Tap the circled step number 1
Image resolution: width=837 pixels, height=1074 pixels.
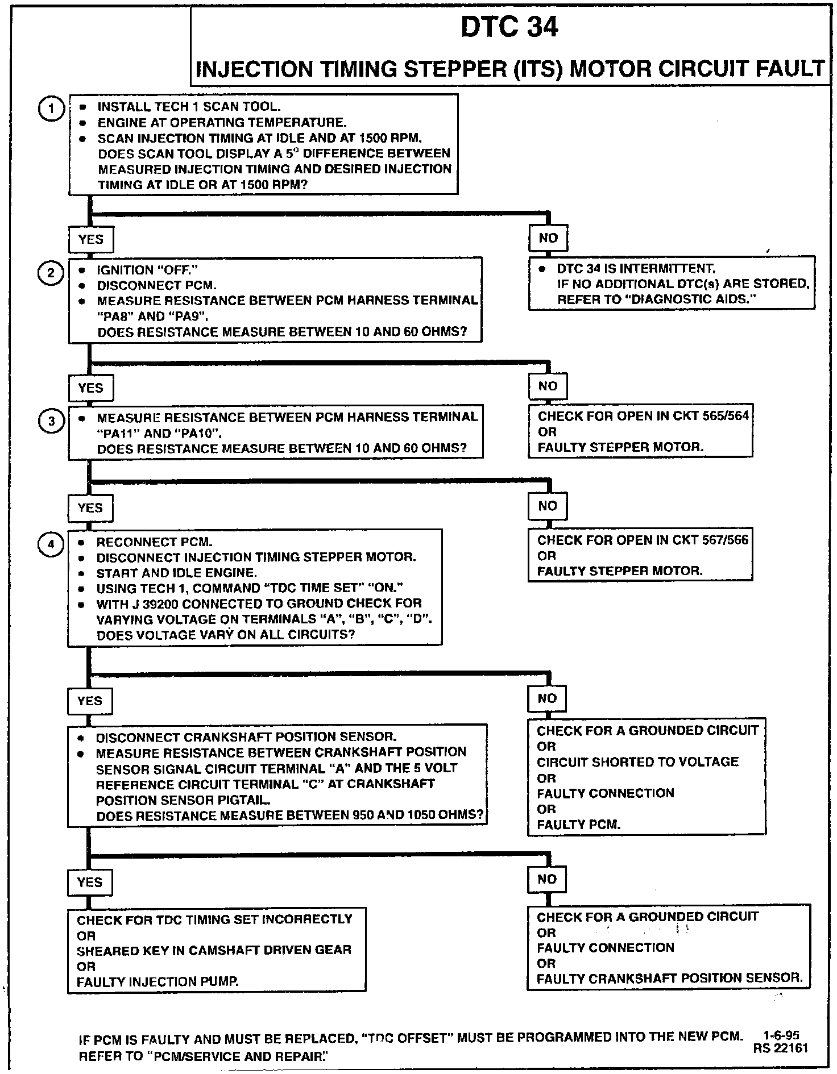click(x=51, y=109)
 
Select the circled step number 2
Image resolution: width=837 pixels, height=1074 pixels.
click(x=51, y=273)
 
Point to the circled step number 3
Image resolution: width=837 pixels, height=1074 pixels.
click(x=51, y=421)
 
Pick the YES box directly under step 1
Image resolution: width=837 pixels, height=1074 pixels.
click(x=90, y=239)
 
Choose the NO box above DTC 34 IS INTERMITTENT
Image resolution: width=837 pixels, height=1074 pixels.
click(x=548, y=238)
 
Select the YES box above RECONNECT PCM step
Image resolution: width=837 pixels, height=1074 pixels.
click(x=90, y=507)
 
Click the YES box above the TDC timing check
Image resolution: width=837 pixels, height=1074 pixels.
click(x=90, y=882)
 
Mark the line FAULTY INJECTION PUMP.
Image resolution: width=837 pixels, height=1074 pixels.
click(x=158, y=981)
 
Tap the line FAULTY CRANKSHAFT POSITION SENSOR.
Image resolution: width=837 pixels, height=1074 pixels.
click(x=670, y=978)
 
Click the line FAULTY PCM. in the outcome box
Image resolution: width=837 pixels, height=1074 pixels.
click(x=578, y=824)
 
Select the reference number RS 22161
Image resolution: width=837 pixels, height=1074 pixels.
click(x=780, y=1048)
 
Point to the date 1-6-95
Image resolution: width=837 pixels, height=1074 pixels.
click(x=782, y=1035)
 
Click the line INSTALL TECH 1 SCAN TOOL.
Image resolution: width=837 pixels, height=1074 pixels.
click(x=189, y=107)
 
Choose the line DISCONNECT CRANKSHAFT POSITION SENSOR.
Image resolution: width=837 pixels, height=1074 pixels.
click(x=246, y=737)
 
